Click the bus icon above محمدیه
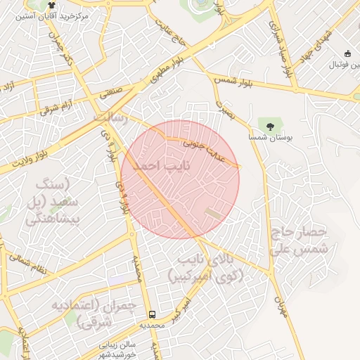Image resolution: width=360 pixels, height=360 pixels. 152,314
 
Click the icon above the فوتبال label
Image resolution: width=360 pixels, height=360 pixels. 347,53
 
